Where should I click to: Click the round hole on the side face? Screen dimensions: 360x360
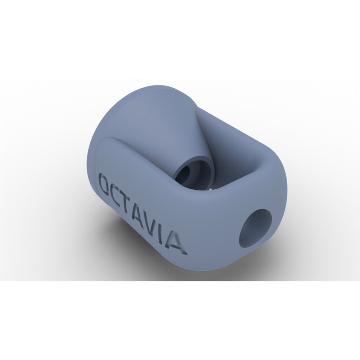(x=255, y=225)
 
